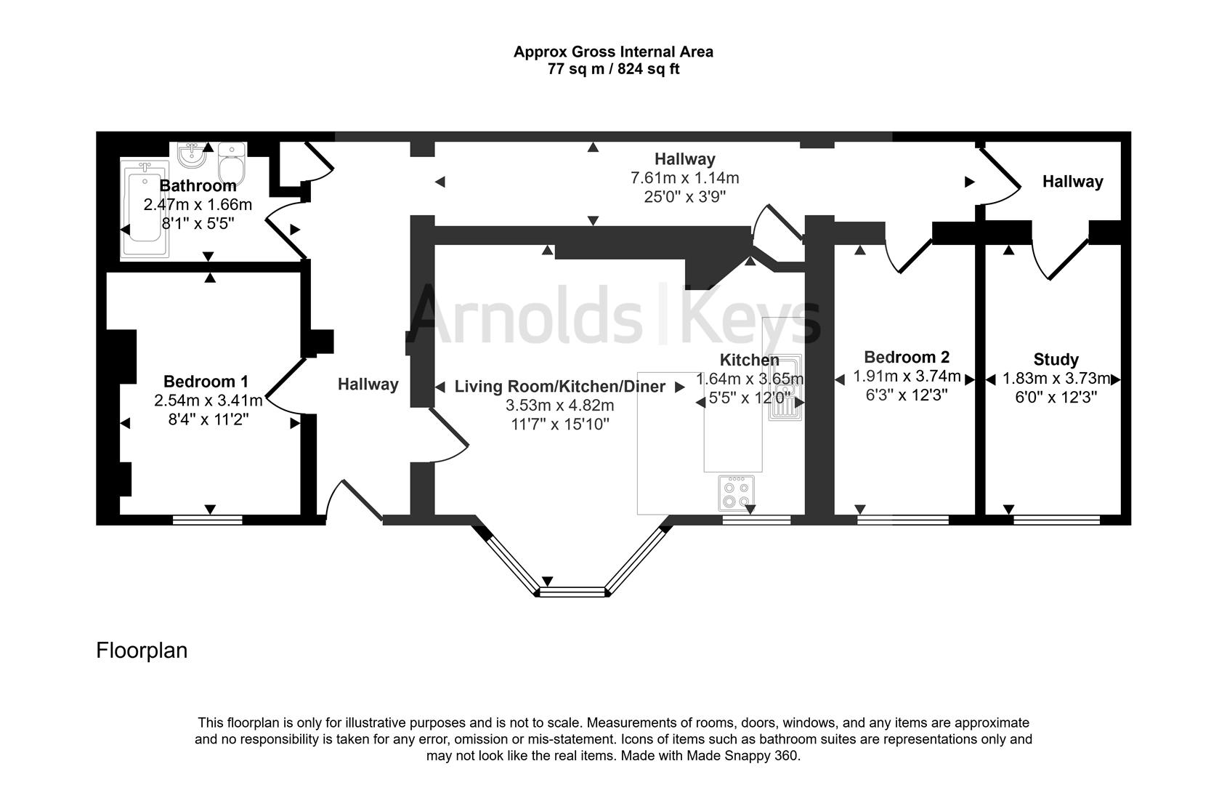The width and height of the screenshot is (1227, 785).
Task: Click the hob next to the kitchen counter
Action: click(737, 494)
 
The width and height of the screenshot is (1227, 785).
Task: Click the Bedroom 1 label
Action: click(206, 382)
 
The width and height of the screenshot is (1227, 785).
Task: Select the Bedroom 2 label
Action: click(906, 358)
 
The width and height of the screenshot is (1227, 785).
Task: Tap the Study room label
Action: click(1056, 360)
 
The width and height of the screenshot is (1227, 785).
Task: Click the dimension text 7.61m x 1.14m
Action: click(684, 178)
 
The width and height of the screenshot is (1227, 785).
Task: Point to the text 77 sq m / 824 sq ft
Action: click(613, 70)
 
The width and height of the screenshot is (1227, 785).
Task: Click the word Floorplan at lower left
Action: click(142, 650)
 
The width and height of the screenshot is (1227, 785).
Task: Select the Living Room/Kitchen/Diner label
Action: click(559, 387)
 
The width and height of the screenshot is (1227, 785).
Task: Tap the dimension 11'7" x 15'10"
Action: click(559, 424)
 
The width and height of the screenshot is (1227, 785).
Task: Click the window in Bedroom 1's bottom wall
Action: click(208, 519)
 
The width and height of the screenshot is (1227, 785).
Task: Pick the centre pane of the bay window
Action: click(572, 592)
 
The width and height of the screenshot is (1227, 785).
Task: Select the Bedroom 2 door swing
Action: click(908, 256)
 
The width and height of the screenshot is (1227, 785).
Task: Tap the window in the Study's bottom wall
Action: click(1056, 519)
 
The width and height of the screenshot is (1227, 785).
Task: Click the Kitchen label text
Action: click(749, 360)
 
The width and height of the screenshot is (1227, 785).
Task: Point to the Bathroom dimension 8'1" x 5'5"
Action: click(197, 223)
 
